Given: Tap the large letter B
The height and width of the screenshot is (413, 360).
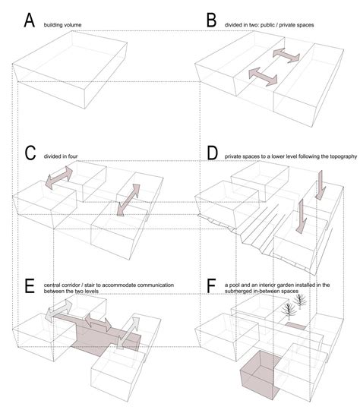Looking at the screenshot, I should pyautogui.click(x=212, y=20).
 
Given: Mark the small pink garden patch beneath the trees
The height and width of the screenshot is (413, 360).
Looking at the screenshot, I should pyautogui.click(x=296, y=325).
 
